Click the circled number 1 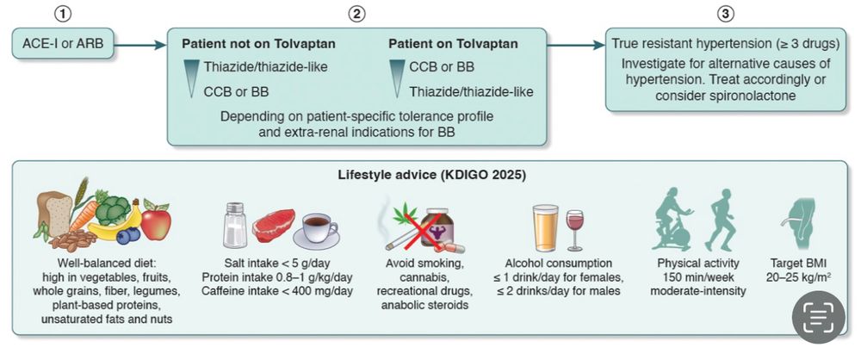65,15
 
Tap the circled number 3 726,15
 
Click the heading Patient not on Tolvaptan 258,44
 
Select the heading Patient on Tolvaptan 453,44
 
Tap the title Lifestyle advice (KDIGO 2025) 430,177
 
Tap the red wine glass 575,230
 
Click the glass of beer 545,227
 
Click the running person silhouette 720,220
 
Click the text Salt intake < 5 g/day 276,264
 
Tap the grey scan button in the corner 818,317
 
